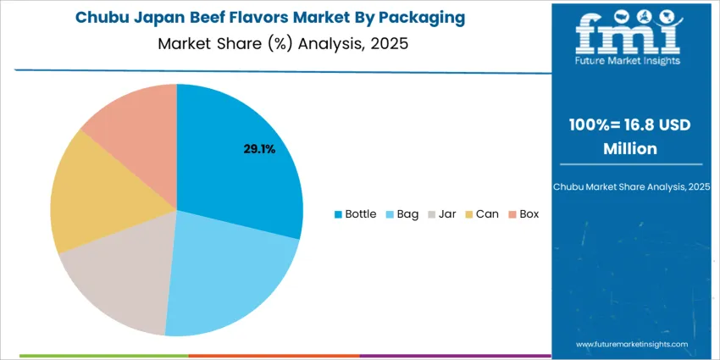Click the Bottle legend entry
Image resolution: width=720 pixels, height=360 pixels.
(356, 214)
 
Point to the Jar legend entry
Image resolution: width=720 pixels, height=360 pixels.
(442, 214)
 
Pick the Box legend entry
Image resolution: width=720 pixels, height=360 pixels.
(523, 214)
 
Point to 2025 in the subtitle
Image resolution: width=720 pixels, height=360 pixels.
(390, 43)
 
